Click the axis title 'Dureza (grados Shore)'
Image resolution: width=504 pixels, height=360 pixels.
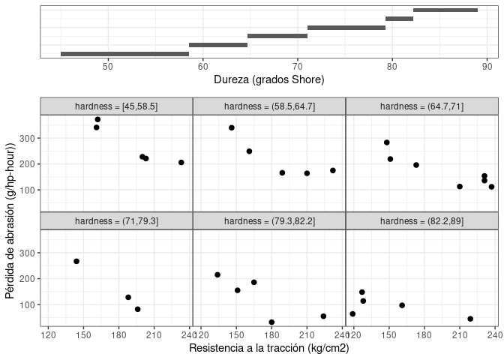pyautogui.click(x=268, y=79)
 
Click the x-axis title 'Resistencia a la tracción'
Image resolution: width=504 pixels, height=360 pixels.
pyautogui.click(x=268, y=348)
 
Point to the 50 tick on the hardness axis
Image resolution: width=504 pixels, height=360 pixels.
pyautogui.click(x=108, y=58)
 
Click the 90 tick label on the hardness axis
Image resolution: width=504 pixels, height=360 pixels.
pyautogui.click(x=487, y=66)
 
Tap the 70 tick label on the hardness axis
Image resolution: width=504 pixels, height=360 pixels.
pyautogui.click(x=297, y=66)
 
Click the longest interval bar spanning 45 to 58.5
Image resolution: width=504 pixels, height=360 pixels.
pyautogui.click(x=124, y=54)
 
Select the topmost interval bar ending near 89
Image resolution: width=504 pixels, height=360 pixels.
pyautogui.click(x=445, y=10)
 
